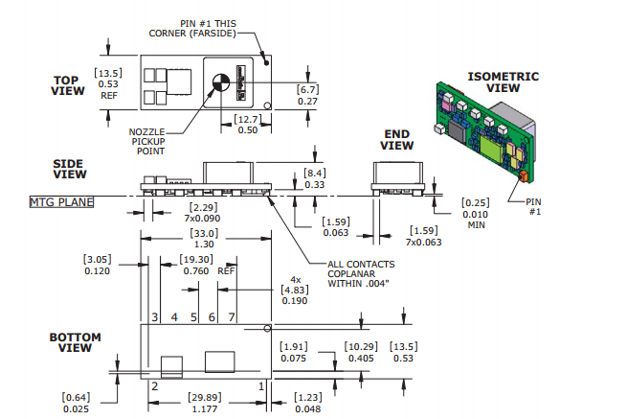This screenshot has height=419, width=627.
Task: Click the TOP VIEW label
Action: pos(69,85)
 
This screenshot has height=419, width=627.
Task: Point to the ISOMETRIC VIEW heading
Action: pos(503,81)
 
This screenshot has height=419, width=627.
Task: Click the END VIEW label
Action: pos(398,140)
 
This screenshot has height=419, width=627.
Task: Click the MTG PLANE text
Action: pos(61,201)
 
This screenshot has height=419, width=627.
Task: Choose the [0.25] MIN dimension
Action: pos(475,202)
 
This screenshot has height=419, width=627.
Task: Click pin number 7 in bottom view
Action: pos(231,316)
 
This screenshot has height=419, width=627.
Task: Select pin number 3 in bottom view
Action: pos(153,316)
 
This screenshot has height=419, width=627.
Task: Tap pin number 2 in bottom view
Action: pos(153,385)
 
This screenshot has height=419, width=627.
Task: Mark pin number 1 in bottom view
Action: pos(259,385)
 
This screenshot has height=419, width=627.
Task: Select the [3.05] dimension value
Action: pos(98,259)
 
